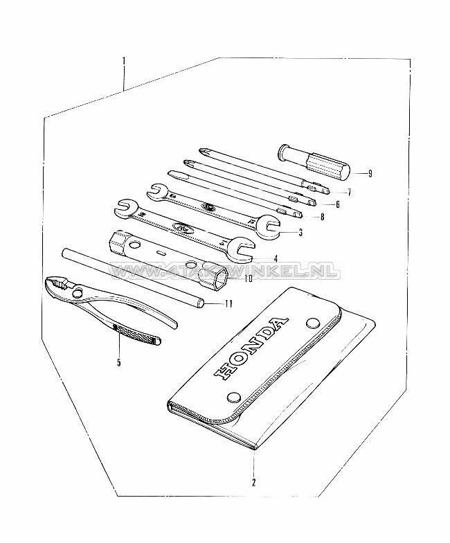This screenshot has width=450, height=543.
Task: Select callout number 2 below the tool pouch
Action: tap(253, 482)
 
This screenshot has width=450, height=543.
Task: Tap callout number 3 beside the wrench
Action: tap(300, 233)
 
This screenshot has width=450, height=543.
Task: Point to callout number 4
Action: tap(275, 258)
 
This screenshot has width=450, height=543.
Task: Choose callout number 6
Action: tap(337, 204)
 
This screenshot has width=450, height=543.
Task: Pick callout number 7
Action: tap(349, 192)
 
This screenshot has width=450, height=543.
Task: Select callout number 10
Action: tap(249, 278)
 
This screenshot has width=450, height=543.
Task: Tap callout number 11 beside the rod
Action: tap(228, 303)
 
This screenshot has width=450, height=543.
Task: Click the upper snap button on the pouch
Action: tap(312, 322)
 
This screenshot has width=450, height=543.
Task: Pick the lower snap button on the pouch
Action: tap(234, 398)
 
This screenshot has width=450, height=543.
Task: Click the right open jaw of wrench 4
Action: tap(242, 246)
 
